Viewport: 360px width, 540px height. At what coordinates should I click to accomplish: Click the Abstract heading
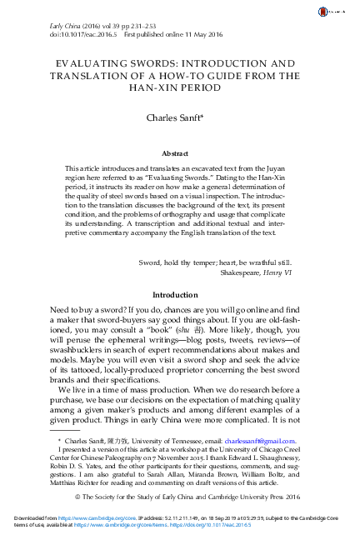pos(179,153)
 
